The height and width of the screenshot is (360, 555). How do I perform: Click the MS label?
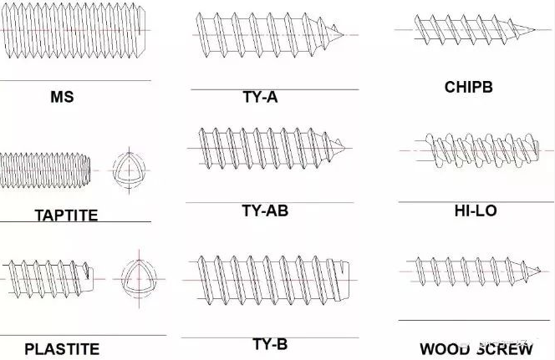(x=63, y=97)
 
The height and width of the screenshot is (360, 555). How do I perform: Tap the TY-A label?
(x=260, y=97)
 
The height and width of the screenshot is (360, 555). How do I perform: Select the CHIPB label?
(x=468, y=87)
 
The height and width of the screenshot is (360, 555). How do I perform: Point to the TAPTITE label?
(x=66, y=215)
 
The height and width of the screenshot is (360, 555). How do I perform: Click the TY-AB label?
(x=265, y=210)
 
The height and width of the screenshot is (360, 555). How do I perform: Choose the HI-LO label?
(x=476, y=210)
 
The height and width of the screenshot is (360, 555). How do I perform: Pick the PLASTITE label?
(x=62, y=349)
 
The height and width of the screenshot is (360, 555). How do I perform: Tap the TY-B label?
(x=270, y=344)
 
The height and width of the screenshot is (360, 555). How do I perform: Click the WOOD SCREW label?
(x=476, y=349)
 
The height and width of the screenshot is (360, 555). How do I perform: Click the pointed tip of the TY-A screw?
(x=344, y=34)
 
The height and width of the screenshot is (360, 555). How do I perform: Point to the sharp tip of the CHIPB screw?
(x=535, y=30)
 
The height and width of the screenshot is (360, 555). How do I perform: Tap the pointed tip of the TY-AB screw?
(x=344, y=148)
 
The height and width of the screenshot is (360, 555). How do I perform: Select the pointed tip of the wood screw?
(x=541, y=271)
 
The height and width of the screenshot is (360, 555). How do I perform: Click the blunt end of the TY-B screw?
(x=349, y=281)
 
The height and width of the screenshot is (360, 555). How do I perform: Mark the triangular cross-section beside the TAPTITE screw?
(x=129, y=170)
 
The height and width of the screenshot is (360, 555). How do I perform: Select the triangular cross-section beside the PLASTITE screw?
(x=139, y=278)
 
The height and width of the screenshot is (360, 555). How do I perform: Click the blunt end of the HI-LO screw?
(x=538, y=150)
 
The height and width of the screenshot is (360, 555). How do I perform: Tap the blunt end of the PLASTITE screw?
(x=93, y=279)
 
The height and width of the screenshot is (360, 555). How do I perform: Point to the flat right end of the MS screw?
(x=144, y=30)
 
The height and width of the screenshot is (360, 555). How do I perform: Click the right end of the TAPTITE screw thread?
(x=89, y=170)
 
